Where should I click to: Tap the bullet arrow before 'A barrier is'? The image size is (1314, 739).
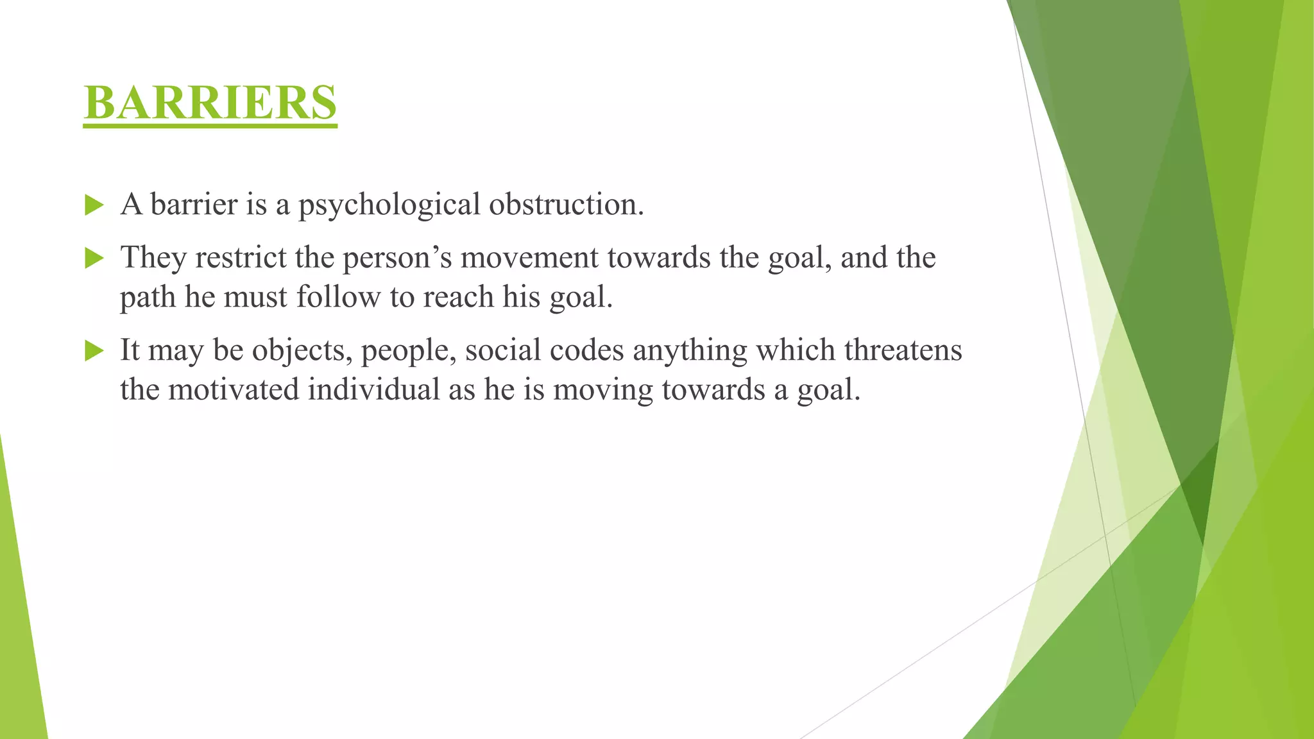[94, 205]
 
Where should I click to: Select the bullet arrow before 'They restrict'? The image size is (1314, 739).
[94, 259]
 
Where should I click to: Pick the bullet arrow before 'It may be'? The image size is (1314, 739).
[94, 351]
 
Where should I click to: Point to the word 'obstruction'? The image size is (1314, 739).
[565, 205]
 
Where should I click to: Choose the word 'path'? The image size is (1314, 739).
[148, 298]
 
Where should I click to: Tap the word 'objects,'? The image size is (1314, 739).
[302, 351]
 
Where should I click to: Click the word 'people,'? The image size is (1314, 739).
[409, 351]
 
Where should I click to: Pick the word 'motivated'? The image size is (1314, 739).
[234, 390]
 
